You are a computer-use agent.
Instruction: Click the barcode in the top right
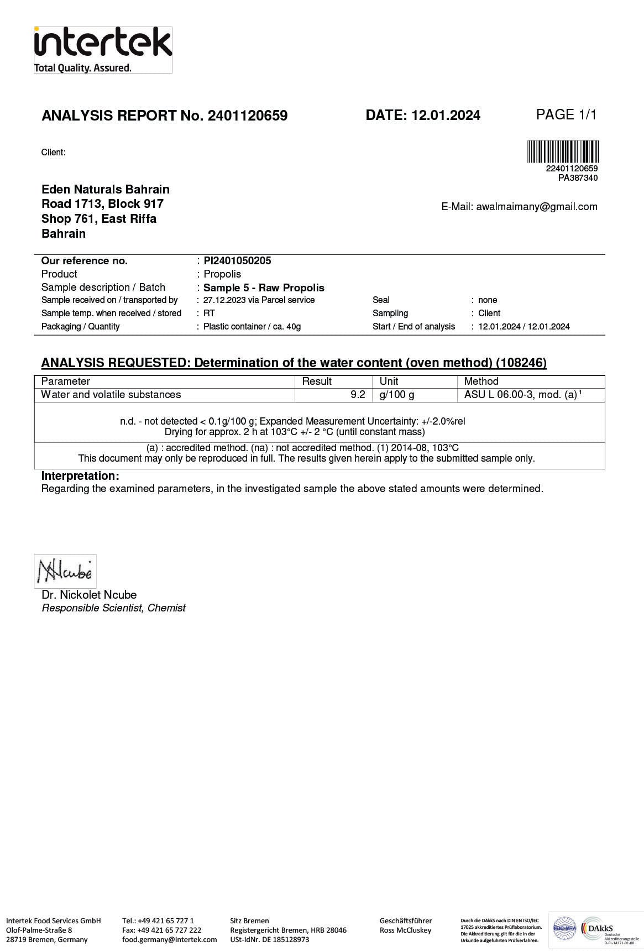(x=563, y=152)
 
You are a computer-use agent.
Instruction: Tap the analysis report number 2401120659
(x=247, y=116)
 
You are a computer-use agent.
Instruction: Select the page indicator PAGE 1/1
(x=566, y=115)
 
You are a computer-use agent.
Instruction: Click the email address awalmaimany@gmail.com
(x=536, y=207)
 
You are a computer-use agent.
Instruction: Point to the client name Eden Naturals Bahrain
(x=106, y=190)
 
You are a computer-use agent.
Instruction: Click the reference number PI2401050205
(x=237, y=261)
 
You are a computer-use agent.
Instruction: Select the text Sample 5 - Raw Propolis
(x=264, y=287)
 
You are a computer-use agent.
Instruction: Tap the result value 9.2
(x=358, y=395)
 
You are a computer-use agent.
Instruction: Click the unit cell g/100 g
(x=396, y=395)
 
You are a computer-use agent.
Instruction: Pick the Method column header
(x=481, y=381)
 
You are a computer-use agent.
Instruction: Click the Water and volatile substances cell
(x=111, y=395)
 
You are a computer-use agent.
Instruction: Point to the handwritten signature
(x=65, y=571)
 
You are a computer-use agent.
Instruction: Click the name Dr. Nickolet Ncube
(x=89, y=595)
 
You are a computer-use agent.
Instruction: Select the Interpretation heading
(x=80, y=476)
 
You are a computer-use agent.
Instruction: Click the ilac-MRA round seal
(x=564, y=930)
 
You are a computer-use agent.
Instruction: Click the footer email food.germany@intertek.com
(x=169, y=939)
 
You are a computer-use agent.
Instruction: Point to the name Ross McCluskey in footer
(x=405, y=930)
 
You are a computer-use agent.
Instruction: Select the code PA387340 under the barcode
(x=578, y=178)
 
